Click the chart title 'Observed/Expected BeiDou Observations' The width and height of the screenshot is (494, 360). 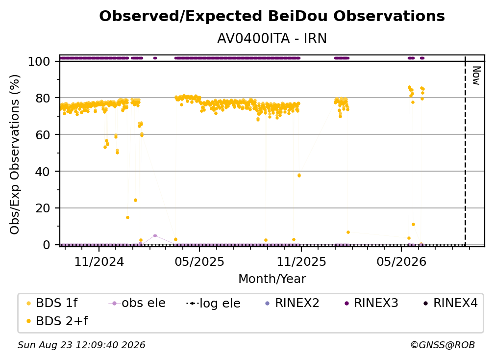(x=272, y=16)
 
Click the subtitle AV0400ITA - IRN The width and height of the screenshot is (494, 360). (x=272, y=39)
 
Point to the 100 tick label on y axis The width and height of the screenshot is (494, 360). (x=39, y=61)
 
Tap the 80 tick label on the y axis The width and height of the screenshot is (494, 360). (x=43, y=98)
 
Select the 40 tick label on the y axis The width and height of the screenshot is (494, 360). (x=43, y=172)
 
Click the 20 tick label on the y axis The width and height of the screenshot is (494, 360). (x=43, y=208)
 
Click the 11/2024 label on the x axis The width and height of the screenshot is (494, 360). (x=99, y=261)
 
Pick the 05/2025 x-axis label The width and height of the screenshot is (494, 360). (x=199, y=261)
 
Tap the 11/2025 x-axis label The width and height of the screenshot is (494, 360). (x=301, y=261)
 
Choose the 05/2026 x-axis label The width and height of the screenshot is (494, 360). (x=401, y=261)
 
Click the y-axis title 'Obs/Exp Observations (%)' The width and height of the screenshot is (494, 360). (x=15, y=154)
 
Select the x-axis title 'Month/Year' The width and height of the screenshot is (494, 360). (x=272, y=279)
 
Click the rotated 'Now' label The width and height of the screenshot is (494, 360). (x=476, y=76)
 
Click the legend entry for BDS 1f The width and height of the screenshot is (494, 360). (x=52, y=303)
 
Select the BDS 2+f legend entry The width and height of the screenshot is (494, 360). (x=57, y=321)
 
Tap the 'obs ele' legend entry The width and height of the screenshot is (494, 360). (x=137, y=303)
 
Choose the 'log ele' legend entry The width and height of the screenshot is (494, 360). (x=213, y=303)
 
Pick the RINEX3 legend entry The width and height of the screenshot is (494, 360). (x=371, y=303)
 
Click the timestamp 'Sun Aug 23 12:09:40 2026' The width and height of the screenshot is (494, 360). (x=81, y=345)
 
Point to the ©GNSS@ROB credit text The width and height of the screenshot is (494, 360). (x=443, y=345)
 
